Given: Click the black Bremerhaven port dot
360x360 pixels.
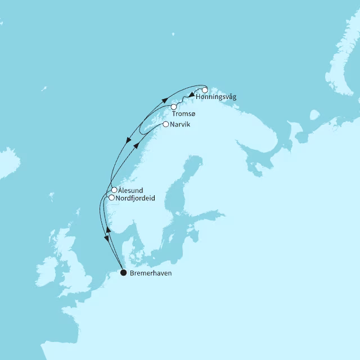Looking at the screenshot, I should point(124,273).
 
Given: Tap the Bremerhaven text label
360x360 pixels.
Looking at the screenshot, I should point(151,273).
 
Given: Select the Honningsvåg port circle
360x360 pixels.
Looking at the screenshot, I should point(205,90).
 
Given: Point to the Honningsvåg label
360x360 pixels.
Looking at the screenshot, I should point(217,97).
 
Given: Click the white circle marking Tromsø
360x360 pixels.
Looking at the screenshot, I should point(174,107).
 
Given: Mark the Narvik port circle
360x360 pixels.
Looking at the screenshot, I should point(165,124).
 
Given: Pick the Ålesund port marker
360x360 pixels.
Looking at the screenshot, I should point(114,190).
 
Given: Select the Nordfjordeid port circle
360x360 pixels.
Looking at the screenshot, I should point(111,198).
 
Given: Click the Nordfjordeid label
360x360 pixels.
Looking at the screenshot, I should point(135,199).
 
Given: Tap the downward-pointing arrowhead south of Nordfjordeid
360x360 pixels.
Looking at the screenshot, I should point(105,240).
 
